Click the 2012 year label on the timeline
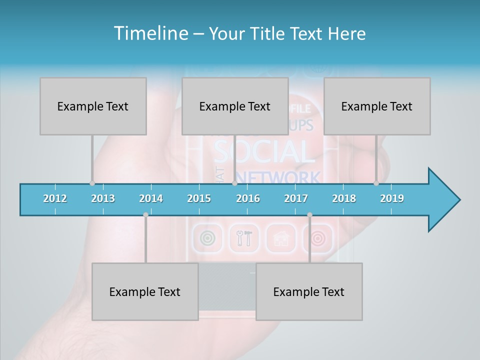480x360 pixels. point(55,198)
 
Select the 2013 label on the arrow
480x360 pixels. point(103,198)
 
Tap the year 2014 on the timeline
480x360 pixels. point(151,198)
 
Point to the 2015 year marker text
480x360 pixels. point(199,198)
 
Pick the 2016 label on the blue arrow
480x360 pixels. point(248,198)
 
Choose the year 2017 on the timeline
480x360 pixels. point(296,198)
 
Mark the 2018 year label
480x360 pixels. point(344,198)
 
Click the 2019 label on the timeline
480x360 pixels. point(392,198)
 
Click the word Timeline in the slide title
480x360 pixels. point(150,33)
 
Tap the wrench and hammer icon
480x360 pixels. point(244,238)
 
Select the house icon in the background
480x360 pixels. point(281,238)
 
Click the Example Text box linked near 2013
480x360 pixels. point(93,106)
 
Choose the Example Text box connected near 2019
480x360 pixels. point(377,106)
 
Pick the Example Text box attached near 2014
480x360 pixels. point(145,292)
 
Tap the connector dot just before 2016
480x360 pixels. point(234,183)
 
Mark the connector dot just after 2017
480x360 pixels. point(309,215)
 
